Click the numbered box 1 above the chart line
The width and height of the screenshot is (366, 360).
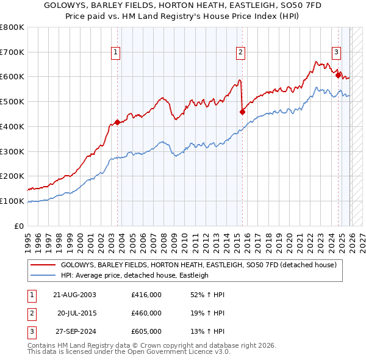[116, 52]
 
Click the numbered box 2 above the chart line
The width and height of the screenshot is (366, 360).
[241, 52]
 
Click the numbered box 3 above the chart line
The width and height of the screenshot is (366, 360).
[336, 52]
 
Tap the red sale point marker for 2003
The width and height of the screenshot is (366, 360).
[117, 122]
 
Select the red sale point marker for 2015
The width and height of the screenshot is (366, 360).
[242, 111]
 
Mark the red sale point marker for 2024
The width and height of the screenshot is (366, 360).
[338, 75]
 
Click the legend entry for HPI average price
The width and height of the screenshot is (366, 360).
[135, 275]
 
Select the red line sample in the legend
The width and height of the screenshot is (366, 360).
[43, 265]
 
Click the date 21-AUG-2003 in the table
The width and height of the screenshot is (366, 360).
[74, 295]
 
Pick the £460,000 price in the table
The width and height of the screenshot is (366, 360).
[146, 313]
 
